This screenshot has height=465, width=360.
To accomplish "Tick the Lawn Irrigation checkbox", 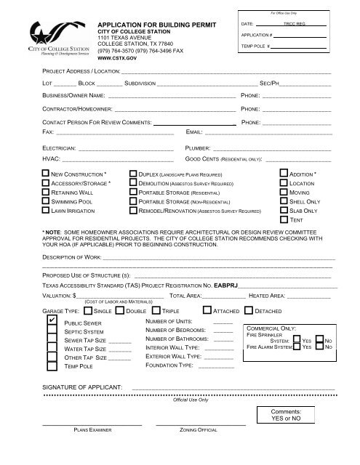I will coord(45,210).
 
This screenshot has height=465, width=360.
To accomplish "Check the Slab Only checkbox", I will coord(284,210).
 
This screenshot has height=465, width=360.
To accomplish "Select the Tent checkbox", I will coord(284,219).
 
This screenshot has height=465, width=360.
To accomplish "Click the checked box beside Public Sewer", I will coord(51,320).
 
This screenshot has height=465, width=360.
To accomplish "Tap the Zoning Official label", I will coord(199,431).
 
